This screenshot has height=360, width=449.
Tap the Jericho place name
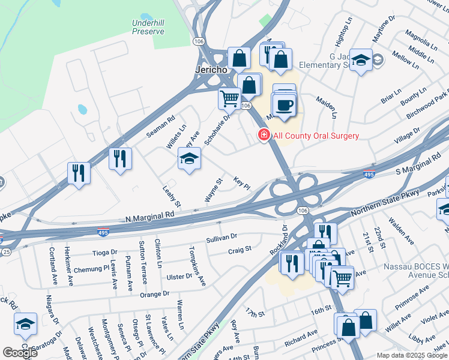(x=211, y=70)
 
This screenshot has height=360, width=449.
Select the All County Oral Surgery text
(x=316, y=136)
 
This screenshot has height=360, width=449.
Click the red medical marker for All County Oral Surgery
(x=263, y=135)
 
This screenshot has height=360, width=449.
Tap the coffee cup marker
(x=286, y=106)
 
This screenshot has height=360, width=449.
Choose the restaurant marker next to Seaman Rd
(x=120, y=158)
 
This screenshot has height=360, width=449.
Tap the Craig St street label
(x=240, y=248)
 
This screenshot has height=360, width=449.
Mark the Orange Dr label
(x=155, y=294)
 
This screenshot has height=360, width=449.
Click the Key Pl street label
(x=241, y=182)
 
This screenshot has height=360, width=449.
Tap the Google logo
(x=20, y=353)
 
